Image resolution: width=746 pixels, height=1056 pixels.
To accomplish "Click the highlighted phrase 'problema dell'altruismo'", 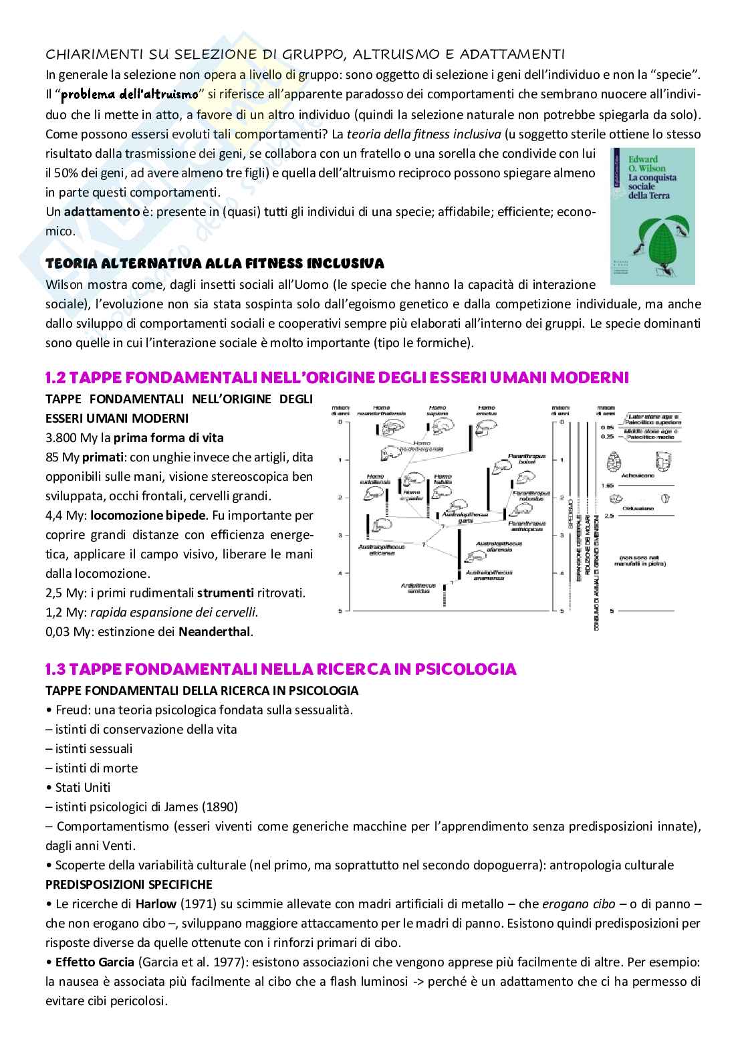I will pos(130,95).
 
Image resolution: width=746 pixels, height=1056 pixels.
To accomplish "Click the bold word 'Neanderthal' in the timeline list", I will pos(215,631).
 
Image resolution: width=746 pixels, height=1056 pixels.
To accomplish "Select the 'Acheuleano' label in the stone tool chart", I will pos(642,478).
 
